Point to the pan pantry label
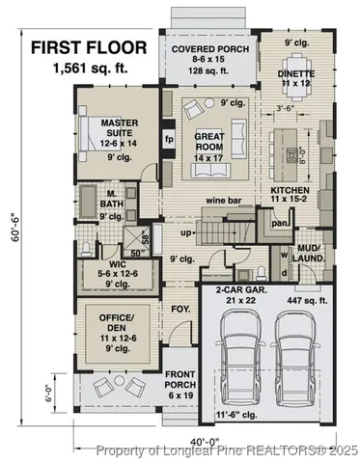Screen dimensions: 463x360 tap(280, 224)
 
